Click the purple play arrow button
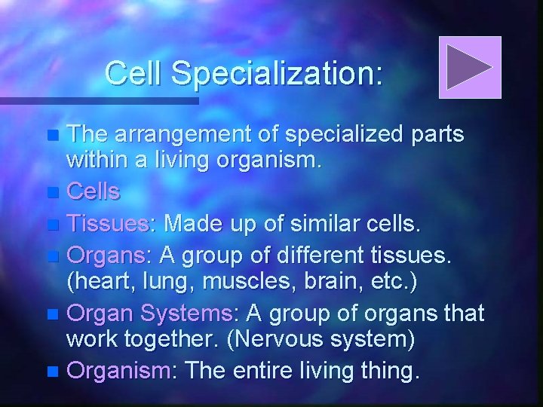[470, 67]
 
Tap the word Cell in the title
[134, 73]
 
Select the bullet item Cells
[93, 191]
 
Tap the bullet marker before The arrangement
[51, 136]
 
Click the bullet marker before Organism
[51, 372]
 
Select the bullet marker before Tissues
[51, 225]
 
